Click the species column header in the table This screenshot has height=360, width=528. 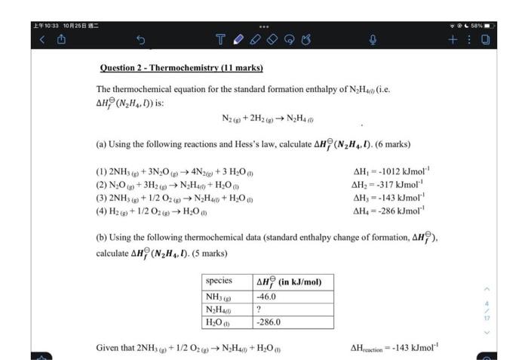[219, 282]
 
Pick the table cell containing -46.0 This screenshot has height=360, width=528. [267, 297]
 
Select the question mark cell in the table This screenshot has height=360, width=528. [259, 309]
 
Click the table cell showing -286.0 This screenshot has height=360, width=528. [269, 322]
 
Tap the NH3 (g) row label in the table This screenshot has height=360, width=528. [219, 297]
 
